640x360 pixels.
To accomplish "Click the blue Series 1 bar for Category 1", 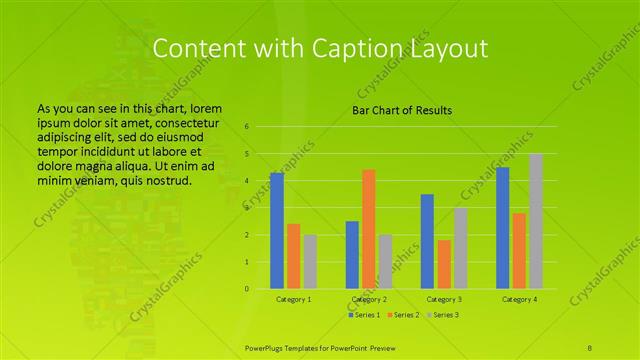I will [x=277, y=231].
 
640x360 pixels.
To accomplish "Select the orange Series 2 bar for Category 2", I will [x=369, y=229].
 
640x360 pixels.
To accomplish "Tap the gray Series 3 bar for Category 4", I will [x=536, y=221].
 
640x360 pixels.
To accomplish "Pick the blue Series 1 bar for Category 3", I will [x=427, y=241].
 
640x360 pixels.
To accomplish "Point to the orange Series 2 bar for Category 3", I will [x=444, y=264].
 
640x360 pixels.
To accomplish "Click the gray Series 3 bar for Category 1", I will [x=310, y=262].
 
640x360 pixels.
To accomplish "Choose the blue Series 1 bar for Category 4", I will [x=502, y=228].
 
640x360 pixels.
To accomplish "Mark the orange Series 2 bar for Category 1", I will [x=294, y=256].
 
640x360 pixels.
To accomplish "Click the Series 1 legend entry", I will [x=364, y=315].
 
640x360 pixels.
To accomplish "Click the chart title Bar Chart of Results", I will [x=402, y=110].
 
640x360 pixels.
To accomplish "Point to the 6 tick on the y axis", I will [x=247, y=127].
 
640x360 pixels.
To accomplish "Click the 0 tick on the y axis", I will [x=247, y=289].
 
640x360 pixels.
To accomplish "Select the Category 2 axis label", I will [x=369, y=300].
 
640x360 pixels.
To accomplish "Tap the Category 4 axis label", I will [x=519, y=300].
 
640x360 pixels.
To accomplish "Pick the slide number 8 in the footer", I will [x=591, y=346].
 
